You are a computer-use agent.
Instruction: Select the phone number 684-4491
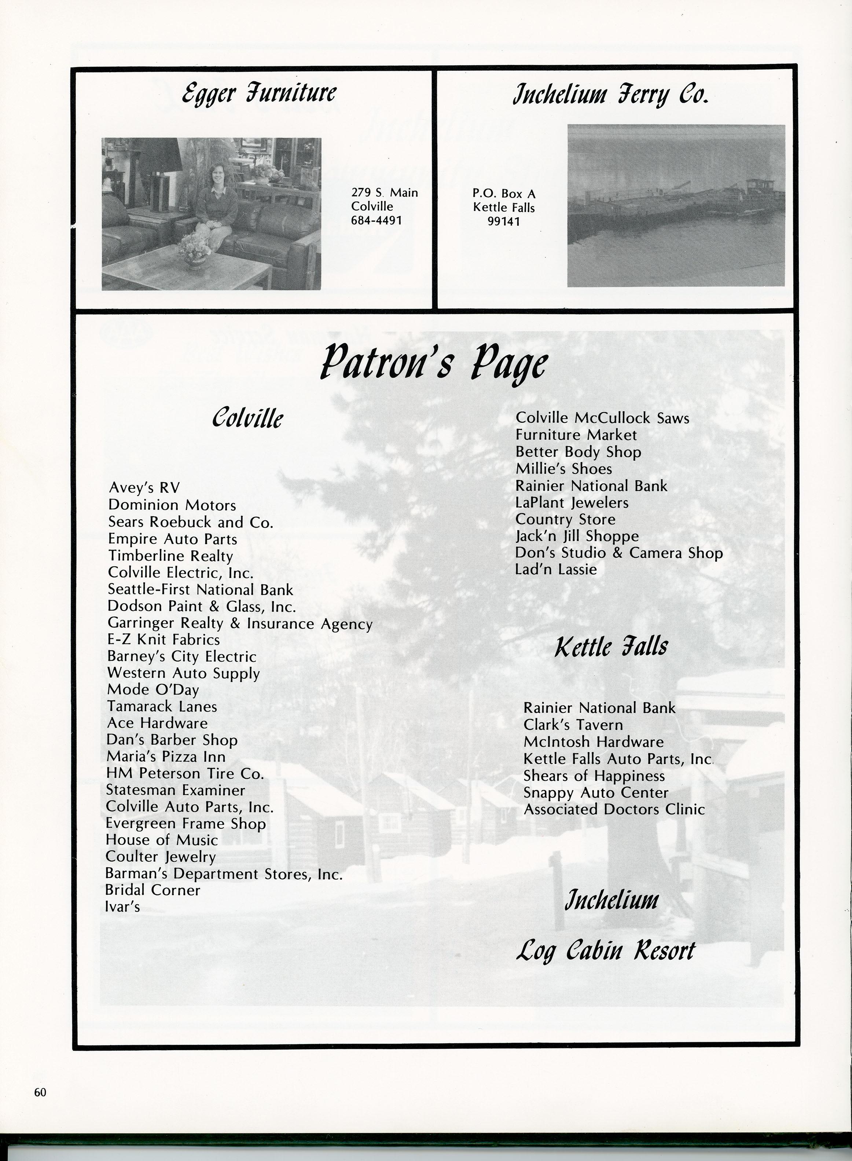tap(377, 220)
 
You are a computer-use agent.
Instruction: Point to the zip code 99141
tap(503, 222)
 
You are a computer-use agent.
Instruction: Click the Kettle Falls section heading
tap(611, 647)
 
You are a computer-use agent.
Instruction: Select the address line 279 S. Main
tap(384, 193)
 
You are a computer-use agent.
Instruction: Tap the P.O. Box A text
tap(504, 194)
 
